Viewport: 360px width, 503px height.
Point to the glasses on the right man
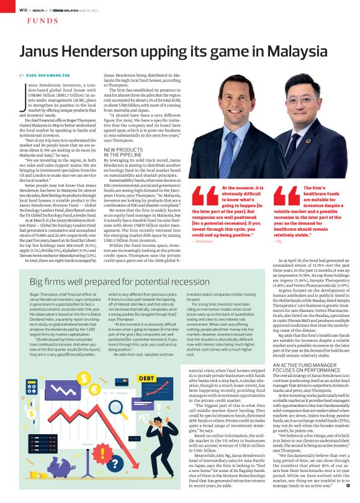(x=306, y=106)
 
